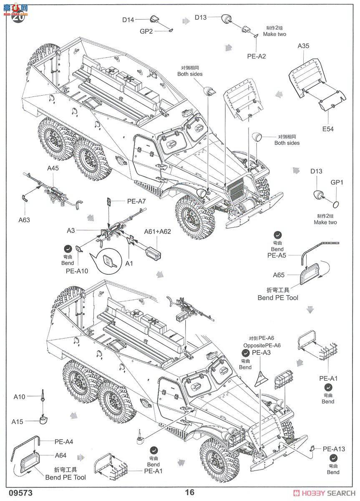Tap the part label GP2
(146, 31)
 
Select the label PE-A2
(256, 56)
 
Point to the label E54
(327, 129)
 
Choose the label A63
(24, 219)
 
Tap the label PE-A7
(136, 201)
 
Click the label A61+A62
(157, 232)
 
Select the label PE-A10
(77, 271)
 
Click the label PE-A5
(277, 255)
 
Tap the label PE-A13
(333, 449)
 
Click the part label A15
(18, 422)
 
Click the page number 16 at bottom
(190, 492)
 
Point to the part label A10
(19, 397)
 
